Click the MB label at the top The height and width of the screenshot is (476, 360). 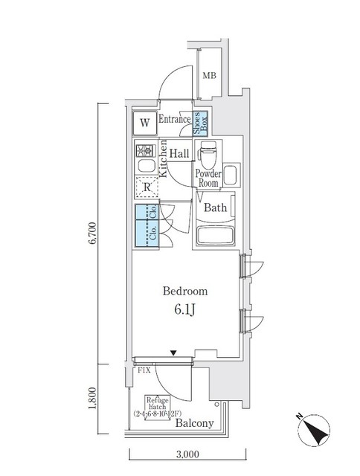click(211, 74)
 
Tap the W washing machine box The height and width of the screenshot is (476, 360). click(145, 122)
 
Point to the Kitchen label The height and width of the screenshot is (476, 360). click(164, 161)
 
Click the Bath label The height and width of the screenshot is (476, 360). click(215, 208)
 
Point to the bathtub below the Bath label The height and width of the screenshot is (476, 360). click(216, 237)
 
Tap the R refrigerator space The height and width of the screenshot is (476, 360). click(147, 187)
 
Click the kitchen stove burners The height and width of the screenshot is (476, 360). click(144, 147)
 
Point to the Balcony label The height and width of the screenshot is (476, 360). click(195, 423)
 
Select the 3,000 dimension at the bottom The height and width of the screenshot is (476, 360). click(189, 452)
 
